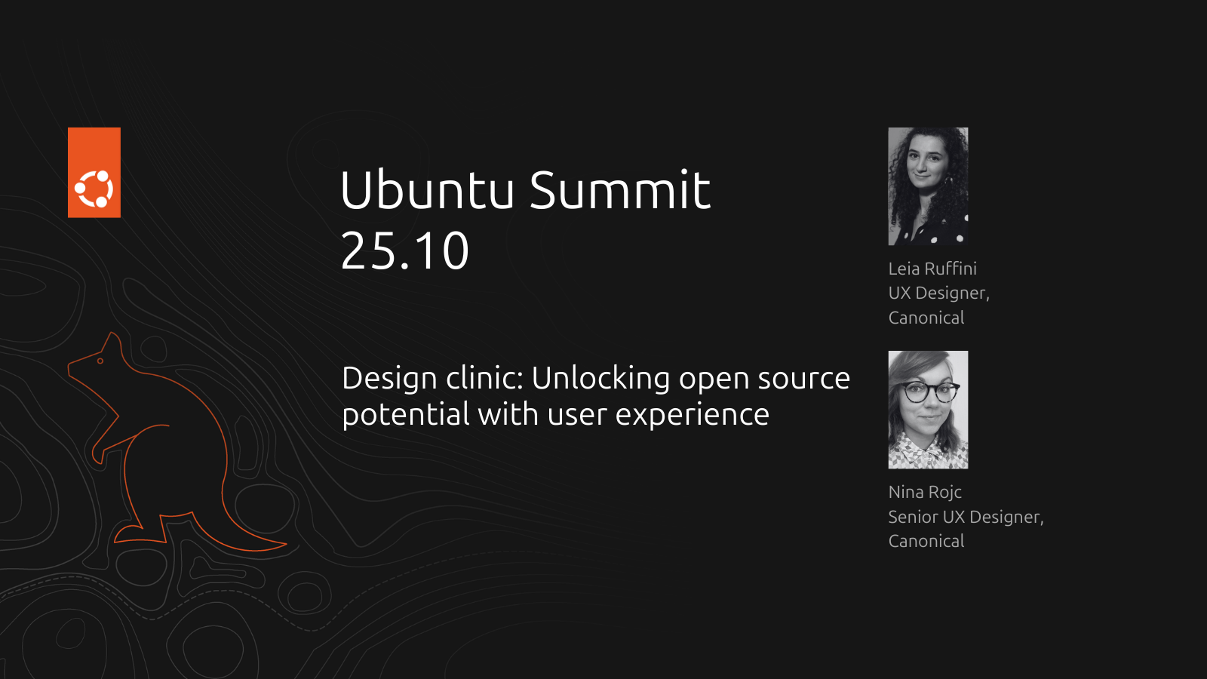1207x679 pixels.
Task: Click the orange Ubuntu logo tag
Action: point(94,173)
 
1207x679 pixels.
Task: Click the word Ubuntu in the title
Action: point(427,189)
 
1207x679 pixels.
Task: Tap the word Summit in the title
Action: point(620,189)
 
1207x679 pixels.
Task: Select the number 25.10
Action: point(404,250)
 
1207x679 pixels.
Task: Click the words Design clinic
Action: point(433,378)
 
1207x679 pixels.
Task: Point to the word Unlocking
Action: point(600,378)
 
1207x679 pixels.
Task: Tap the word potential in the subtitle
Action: point(406,414)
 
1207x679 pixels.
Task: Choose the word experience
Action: point(693,414)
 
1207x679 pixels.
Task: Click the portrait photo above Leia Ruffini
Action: point(928,186)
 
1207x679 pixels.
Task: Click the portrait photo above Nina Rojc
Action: point(928,410)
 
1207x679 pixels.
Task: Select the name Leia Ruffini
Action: point(932,269)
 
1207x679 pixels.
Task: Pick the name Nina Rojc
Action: point(925,492)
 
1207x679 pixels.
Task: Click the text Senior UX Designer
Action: point(966,517)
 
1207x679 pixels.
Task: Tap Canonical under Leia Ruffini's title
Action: point(926,318)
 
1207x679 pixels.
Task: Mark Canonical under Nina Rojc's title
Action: point(926,541)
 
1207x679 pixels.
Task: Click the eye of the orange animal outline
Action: point(100,361)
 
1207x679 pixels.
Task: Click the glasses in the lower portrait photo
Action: point(931,392)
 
